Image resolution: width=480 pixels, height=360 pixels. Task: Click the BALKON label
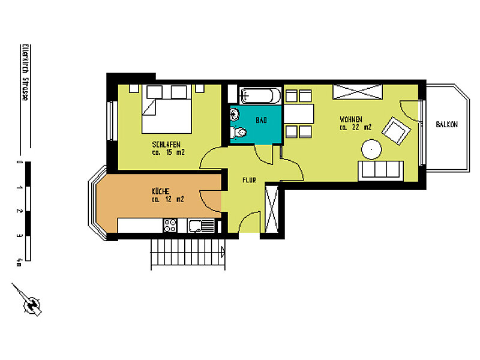(x=447, y=125)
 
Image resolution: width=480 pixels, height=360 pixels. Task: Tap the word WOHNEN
(x=351, y=119)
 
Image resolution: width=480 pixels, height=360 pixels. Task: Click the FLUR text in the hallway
(x=250, y=179)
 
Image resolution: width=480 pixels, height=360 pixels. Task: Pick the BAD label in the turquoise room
(x=261, y=121)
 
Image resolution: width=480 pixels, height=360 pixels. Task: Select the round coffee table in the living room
(x=370, y=148)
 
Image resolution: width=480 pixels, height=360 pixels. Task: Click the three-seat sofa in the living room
(x=379, y=170)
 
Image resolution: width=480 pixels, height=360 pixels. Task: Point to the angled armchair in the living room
(x=397, y=130)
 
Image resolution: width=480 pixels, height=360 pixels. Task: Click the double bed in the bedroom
(x=167, y=113)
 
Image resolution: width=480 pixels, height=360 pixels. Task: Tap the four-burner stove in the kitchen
(x=170, y=226)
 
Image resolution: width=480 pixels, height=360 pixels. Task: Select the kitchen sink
(x=200, y=226)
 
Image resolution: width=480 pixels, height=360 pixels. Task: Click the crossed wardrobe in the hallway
(x=272, y=209)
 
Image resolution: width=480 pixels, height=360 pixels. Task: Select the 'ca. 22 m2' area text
(x=355, y=127)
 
